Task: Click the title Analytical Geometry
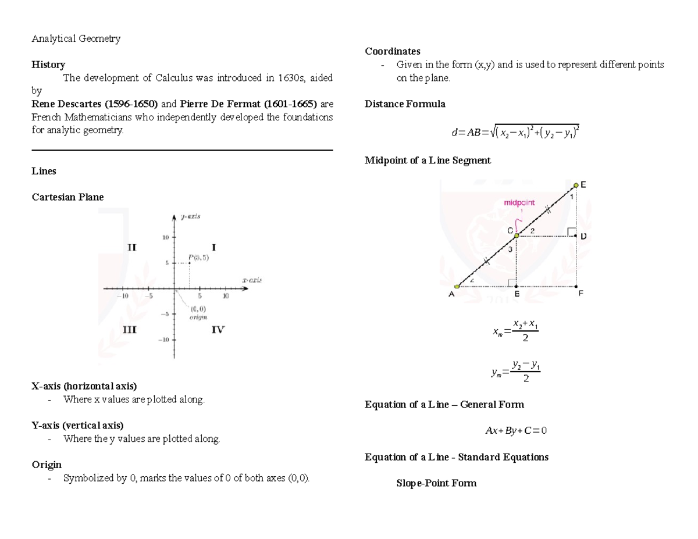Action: pos(76,39)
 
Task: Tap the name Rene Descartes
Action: pos(66,104)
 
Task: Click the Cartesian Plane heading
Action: pos(67,197)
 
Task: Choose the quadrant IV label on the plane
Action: pos(218,330)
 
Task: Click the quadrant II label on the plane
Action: pos(131,247)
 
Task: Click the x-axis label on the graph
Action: pos(251,280)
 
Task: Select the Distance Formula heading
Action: pos(405,104)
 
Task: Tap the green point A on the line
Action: pos(457,286)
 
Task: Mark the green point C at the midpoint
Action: pos(516,235)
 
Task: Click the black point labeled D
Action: pos(576,236)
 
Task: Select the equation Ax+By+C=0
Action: pos(516,431)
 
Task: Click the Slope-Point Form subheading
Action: pos(436,483)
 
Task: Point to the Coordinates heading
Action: pos(392,51)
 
